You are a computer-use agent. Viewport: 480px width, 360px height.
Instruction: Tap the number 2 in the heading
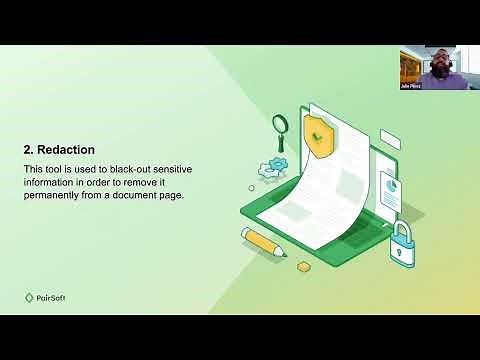click(x=28, y=150)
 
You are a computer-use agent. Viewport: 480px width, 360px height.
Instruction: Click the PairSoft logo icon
click(x=29, y=297)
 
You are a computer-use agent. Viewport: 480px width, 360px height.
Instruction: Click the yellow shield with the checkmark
click(x=318, y=134)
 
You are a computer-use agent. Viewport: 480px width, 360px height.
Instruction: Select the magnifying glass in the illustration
click(x=281, y=126)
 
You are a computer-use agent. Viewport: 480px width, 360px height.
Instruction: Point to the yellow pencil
click(x=263, y=242)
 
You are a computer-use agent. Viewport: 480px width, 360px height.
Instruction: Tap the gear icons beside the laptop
click(x=271, y=169)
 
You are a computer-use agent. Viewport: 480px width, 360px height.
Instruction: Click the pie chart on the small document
click(x=390, y=186)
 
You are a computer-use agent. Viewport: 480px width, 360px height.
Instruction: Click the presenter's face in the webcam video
click(x=439, y=66)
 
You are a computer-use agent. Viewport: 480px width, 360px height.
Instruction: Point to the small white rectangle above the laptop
click(x=390, y=139)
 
